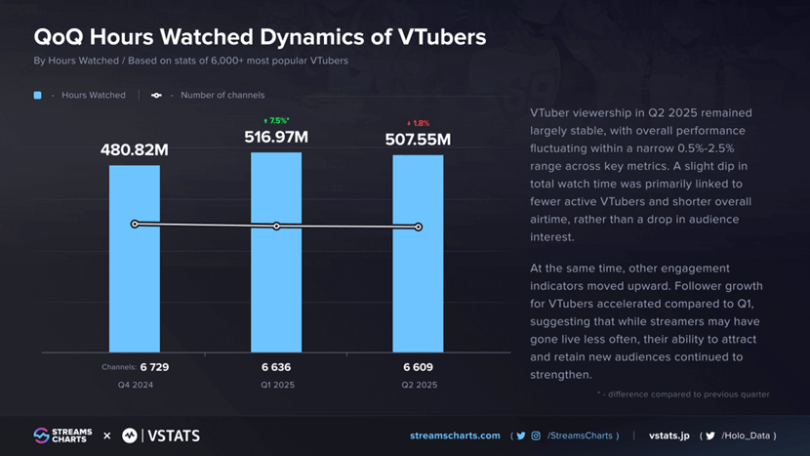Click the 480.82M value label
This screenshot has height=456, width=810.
coord(135,150)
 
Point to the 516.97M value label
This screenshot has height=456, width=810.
coord(276,138)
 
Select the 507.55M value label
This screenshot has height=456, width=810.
coord(418,140)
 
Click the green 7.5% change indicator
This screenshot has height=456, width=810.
coord(277,121)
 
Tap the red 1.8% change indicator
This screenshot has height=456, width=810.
coord(418,123)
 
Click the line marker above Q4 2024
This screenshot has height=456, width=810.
coord(135,224)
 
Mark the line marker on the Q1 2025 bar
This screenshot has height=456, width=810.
coord(276,226)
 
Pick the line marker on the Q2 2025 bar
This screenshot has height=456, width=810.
coord(418,227)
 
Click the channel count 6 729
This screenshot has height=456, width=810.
coord(155,367)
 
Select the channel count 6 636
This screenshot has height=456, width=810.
coord(276,367)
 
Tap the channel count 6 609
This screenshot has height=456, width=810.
coord(418,367)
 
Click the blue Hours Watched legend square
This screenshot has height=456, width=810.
coord(38,96)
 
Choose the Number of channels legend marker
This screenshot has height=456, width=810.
coord(156,96)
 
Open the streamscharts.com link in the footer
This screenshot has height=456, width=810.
coord(456,435)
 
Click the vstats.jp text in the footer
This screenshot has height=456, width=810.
coord(669,435)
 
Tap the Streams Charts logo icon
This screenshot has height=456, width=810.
coord(41,435)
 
